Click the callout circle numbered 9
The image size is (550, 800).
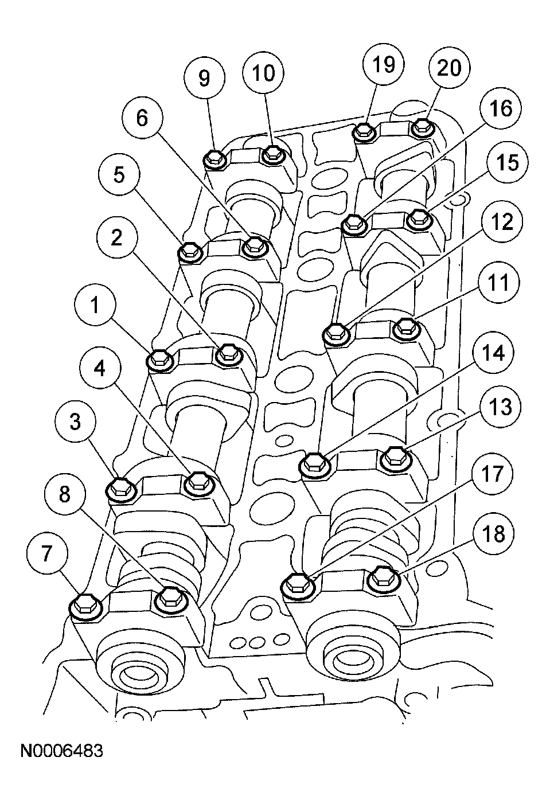click(205, 77)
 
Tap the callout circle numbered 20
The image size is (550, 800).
click(449, 68)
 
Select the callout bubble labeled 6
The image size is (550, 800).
click(142, 118)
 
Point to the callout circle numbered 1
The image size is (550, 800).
click(95, 306)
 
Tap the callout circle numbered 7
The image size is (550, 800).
click(48, 553)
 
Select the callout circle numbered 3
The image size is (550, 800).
click(75, 423)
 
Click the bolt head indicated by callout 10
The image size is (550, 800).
click(272, 155)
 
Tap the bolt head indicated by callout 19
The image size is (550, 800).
click(364, 132)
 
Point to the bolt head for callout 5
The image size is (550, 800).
click(190, 252)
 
